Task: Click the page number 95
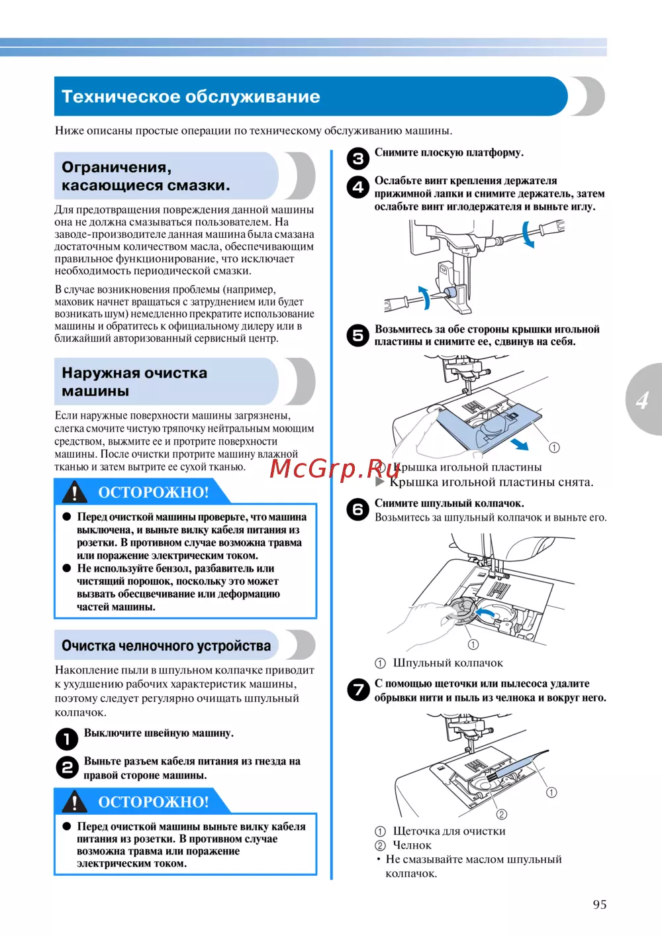click(599, 904)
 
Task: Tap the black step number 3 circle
click(358, 158)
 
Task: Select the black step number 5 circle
click(358, 335)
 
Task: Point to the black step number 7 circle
click(358, 690)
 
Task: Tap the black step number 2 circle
click(66, 768)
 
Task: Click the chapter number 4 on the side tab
click(641, 400)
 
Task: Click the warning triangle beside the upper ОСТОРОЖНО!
click(75, 492)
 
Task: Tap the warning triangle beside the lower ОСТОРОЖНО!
click(75, 802)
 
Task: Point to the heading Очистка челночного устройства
click(166, 646)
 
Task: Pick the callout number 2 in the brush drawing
click(501, 814)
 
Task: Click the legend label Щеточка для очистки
click(449, 831)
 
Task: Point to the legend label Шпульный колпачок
click(448, 663)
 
